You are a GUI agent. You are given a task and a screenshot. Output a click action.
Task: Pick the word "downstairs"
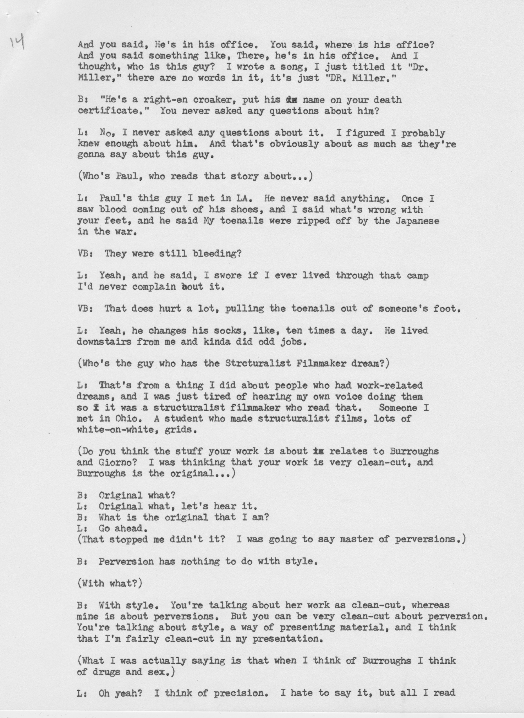tap(104, 342)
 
